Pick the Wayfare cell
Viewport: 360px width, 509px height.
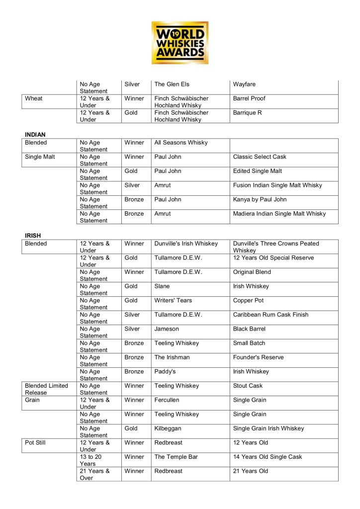[244, 85]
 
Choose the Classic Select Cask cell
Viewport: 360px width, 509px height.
[260, 157]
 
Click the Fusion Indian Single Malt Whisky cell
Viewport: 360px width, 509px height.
[277, 185]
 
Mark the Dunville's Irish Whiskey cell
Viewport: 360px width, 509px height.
[186, 244]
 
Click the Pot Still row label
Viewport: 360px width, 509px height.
[35, 442]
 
